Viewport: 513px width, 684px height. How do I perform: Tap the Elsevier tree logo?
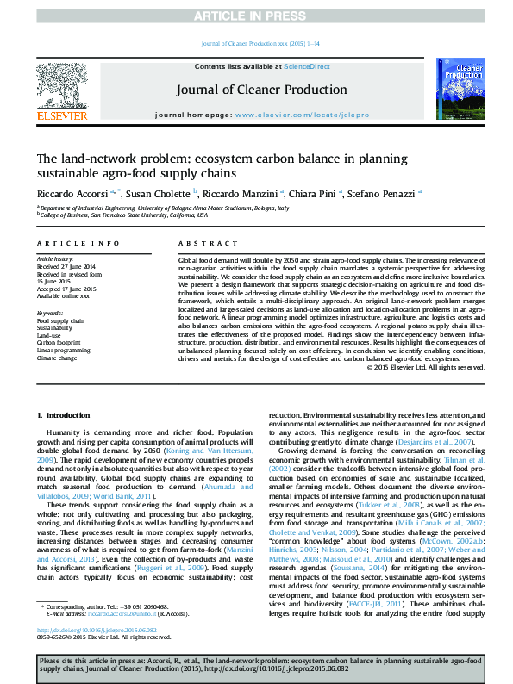pyautogui.click(x=61, y=85)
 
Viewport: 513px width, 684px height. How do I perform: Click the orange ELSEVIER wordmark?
pyautogui.click(x=61, y=115)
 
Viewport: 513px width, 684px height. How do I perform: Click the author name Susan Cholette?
pyautogui.click(x=163, y=193)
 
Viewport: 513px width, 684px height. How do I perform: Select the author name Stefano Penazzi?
pyautogui.click(x=387, y=193)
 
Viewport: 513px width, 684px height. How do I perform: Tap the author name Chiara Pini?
pyautogui.click(x=316, y=193)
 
